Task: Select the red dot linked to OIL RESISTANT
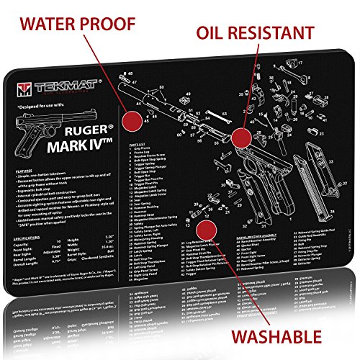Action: pos(241,136)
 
